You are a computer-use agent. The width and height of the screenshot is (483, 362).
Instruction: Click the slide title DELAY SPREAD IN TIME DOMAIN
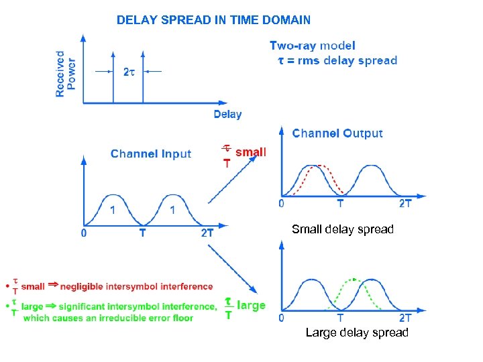213,20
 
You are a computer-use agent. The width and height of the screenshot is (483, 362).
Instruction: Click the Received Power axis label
65,74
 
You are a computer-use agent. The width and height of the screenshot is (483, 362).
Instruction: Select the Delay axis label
227,115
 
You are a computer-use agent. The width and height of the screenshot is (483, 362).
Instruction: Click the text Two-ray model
313,46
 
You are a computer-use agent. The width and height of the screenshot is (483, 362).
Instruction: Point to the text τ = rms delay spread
337,60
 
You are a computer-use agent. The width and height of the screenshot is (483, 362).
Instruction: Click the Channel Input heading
151,154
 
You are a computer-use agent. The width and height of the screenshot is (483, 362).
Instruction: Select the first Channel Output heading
337,133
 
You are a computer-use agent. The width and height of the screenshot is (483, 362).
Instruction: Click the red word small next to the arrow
251,152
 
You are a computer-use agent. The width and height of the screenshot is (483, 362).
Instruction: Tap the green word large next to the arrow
252,305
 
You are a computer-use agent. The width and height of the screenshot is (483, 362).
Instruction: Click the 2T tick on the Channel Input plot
207,233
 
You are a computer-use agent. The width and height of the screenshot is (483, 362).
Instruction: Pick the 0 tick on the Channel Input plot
83,233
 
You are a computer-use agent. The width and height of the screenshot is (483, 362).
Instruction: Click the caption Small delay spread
342,229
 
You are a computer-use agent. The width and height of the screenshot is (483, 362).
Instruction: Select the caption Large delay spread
356,333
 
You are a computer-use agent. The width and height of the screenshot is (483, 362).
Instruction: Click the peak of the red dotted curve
321,165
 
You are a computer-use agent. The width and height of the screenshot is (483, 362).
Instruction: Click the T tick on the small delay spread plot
340,203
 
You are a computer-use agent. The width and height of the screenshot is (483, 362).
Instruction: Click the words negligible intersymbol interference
136,287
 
